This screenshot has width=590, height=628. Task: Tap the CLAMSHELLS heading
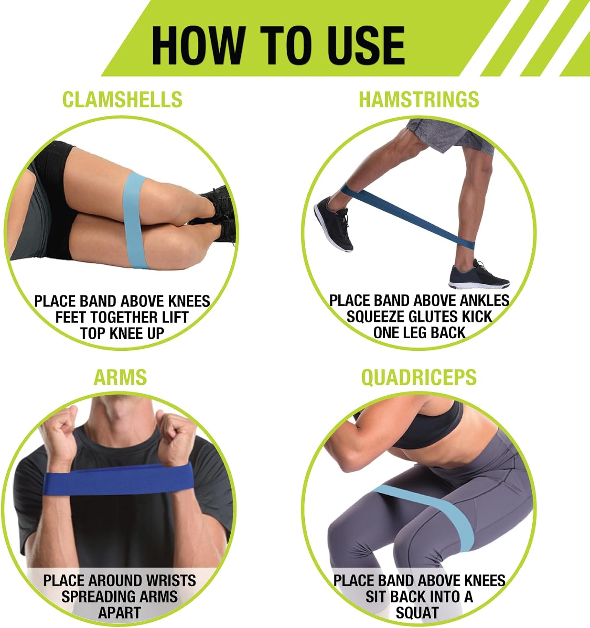[122, 99]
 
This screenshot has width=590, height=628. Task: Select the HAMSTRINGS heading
[419, 99]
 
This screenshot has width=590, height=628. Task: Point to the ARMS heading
[120, 377]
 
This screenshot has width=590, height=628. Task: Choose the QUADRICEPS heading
[419, 377]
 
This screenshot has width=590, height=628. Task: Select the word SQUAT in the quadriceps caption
[417, 613]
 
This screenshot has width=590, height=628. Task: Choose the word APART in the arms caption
[119, 613]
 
